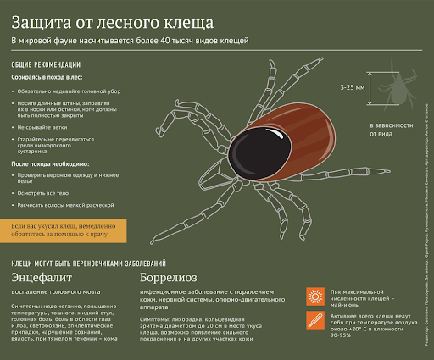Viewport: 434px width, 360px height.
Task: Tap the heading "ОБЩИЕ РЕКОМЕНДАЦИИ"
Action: [46, 64]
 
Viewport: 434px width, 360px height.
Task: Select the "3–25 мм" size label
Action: [351, 87]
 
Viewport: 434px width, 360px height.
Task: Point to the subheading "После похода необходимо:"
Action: [50, 163]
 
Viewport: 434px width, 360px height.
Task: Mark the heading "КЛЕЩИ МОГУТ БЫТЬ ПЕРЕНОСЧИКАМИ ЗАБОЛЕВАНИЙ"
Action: [88, 263]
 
